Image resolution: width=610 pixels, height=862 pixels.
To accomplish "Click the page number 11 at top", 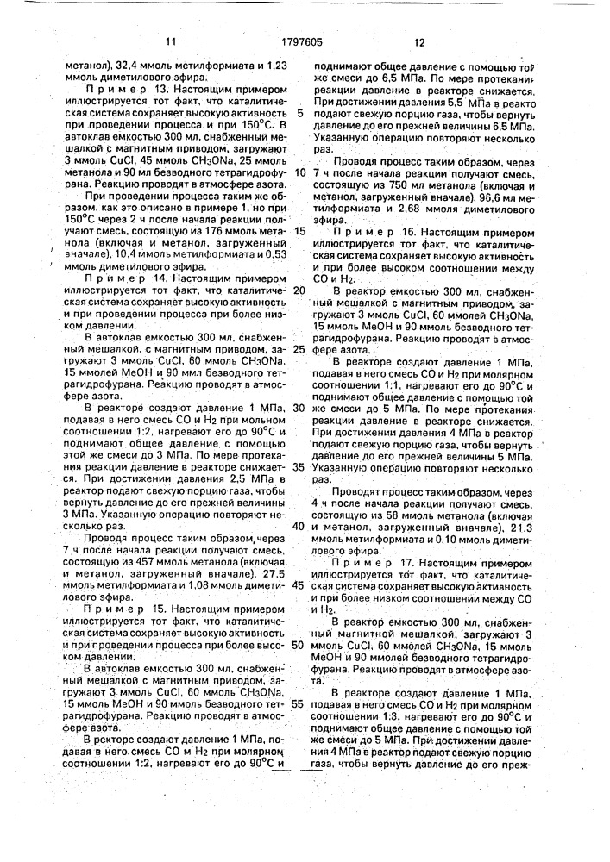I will pos(170,41).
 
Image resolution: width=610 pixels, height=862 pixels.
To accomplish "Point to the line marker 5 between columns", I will pos(299,112).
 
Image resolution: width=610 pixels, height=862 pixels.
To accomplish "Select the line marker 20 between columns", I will pos(299,290).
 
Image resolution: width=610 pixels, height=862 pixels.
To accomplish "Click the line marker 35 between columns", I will pos(299,466).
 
